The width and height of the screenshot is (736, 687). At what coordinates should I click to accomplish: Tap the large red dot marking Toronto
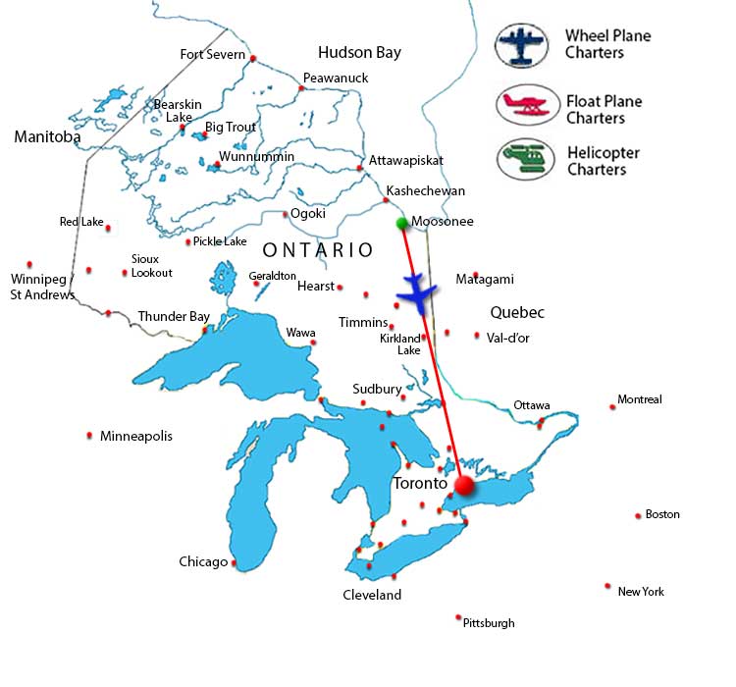tap(464, 486)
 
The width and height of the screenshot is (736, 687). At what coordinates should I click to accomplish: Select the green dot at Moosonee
tap(402, 224)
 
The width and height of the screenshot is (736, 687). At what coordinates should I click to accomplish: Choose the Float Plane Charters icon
tap(527, 106)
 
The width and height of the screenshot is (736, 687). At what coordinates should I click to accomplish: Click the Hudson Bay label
tap(359, 53)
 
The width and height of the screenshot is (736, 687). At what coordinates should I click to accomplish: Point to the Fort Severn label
tap(212, 54)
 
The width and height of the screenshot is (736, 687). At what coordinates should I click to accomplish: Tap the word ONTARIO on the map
tap(317, 250)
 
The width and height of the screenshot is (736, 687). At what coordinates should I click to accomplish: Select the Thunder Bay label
tap(174, 317)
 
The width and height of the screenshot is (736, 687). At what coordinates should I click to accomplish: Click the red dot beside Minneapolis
tap(90, 435)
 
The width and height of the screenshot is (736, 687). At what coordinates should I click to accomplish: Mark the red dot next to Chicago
tap(234, 562)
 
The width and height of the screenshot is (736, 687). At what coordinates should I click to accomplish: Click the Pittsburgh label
tap(489, 623)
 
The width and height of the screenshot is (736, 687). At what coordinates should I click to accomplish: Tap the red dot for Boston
tap(638, 515)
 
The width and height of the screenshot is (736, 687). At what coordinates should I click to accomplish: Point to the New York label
tap(641, 592)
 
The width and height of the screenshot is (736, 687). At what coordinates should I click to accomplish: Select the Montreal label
tap(640, 399)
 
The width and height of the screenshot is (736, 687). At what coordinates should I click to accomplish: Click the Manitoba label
tap(47, 137)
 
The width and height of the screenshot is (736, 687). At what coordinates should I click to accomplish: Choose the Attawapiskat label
tap(406, 160)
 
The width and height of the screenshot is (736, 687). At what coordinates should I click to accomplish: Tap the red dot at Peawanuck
tap(302, 88)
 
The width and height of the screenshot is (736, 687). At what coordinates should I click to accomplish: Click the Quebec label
tap(517, 313)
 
